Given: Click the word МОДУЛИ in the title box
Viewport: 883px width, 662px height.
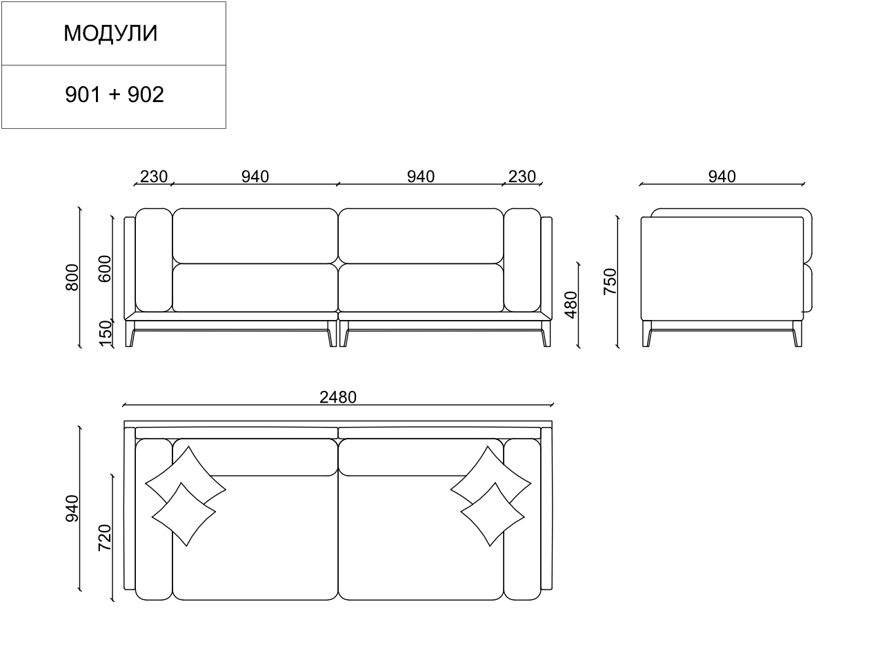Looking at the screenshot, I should tap(110, 33).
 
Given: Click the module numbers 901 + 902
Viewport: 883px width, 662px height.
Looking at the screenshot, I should tap(115, 94).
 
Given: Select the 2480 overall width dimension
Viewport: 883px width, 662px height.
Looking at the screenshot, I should tap(338, 397).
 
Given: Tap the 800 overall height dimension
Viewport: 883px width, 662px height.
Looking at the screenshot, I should tap(72, 277).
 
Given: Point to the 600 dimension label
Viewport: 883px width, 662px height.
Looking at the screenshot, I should tap(105, 268).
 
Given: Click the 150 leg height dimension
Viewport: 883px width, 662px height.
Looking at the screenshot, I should tap(106, 334).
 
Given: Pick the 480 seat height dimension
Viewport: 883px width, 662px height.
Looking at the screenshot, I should tap(571, 304).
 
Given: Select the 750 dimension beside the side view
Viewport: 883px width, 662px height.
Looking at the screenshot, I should tap(610, 282).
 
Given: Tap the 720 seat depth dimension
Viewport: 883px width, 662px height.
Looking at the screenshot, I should tap(105, 538).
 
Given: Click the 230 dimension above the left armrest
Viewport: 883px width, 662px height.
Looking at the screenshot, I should tap(153, 177).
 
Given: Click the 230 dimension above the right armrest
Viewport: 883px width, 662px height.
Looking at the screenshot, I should tap(522, 177).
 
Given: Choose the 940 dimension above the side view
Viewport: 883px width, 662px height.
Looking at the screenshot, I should tap(722, 177).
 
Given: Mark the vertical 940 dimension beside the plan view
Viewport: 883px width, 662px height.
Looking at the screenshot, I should tap(72, 508).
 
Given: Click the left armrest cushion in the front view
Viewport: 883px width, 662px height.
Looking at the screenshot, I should tap(153, 260).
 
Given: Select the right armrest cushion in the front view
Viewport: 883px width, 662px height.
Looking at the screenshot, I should tap(522, 260).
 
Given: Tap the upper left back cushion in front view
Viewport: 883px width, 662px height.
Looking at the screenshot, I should tap(255, 235).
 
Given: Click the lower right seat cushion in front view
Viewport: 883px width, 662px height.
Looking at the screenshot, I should tap(420, 288).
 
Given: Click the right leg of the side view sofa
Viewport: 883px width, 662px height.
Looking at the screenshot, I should tap(797, 336).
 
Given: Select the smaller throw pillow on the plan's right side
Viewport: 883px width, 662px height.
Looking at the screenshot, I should tap(491, 514).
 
